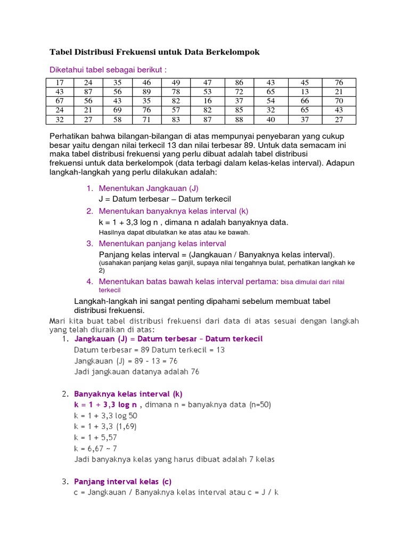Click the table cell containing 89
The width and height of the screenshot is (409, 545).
(x=147, y=92)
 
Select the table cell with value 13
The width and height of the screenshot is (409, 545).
(x=305, y=92)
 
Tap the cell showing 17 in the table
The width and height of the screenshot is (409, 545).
(x=59, y=82)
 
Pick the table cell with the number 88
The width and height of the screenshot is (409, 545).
(x=239, y=120)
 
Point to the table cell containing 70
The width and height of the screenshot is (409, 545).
(x=339, y=101)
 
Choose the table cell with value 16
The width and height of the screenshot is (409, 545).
(x=207, y=101)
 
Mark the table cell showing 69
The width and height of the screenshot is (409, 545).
(x=117, y=110)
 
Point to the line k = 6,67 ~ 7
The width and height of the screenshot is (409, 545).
(x=95, y=448)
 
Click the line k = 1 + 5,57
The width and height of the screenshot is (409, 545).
(x=95, y=437)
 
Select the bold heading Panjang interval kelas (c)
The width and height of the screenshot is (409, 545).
(x=122, y=482)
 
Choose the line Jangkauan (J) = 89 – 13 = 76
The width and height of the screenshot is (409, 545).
(x=126, y=361)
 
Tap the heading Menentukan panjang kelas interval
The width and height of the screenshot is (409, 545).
(x=162, y=244)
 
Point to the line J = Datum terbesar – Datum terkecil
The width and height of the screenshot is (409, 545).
(x=165, y=199)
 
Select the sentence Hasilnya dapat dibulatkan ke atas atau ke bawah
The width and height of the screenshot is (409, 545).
(x=174, y=232)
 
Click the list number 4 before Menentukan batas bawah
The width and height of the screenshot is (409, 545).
(x=90, y=281)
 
